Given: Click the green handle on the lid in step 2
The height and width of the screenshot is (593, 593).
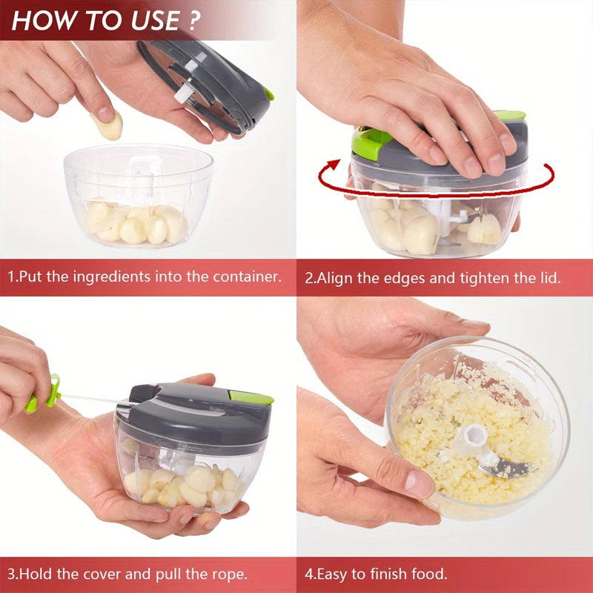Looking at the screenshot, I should (368, 141).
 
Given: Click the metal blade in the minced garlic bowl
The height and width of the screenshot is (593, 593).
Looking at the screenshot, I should (504, 467).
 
